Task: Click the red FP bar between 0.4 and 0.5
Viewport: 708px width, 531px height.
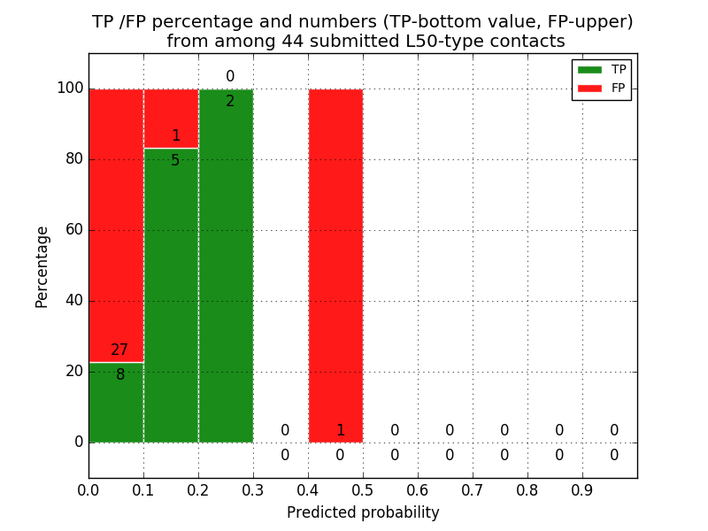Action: click(335, 265)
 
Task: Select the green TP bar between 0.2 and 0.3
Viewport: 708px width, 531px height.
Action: click(226, 265)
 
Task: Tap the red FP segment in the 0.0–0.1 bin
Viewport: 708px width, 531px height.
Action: click(116, 221)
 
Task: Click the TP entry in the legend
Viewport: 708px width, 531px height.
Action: click(602, 69)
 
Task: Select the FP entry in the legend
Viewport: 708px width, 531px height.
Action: click(602, 88)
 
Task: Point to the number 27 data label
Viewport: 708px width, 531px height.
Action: click(119, 350)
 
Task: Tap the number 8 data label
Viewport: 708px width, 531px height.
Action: click(120, 375)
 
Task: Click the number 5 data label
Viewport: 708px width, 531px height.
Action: click(175, 161)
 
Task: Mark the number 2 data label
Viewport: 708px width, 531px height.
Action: click(230, 102)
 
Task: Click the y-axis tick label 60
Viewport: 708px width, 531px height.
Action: click(73, 230)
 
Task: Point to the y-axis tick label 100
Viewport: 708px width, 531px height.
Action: click(70, 88)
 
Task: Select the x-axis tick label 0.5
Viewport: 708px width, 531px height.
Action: click(363, 489)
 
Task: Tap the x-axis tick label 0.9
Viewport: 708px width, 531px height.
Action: click(582, 489)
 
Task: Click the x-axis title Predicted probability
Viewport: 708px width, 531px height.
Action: click(363, 512)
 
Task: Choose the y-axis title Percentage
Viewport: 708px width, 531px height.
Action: click(42, 266)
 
